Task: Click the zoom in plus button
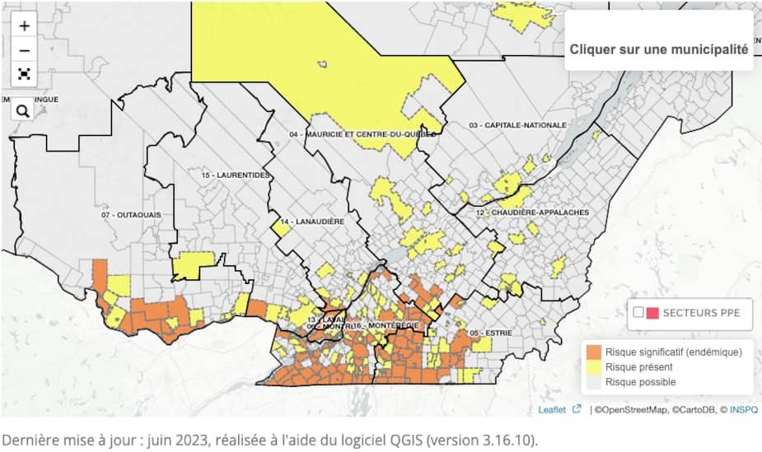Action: [25, 26]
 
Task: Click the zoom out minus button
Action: [25, 50]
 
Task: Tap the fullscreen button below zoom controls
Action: [25, 74]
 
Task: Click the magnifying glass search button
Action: [23, 110]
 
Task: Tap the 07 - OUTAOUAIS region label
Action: [132, 215]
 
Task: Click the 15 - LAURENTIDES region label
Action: [236, 175]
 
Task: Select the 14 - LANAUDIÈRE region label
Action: [311, 221]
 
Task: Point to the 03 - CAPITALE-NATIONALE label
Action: [517, 125]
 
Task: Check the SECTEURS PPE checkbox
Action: [638, 313]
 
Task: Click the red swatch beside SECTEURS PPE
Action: [652, 313]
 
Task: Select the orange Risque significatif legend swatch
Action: [593, 352]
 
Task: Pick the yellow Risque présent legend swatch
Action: [593, 367]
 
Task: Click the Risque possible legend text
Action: [640, 382]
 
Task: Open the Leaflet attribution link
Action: [552, 409]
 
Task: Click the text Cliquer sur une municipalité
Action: [658, 49]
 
